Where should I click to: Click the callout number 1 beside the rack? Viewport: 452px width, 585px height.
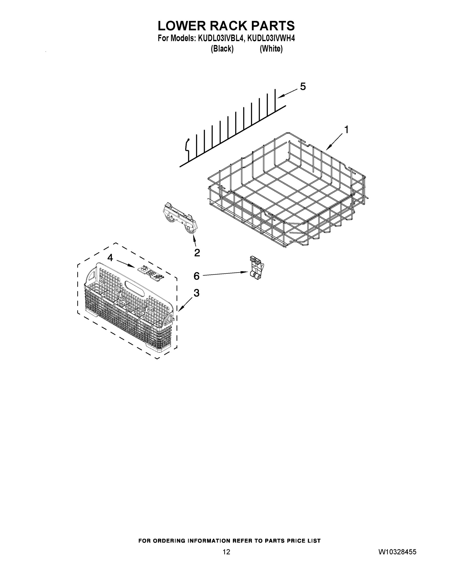point(346,130)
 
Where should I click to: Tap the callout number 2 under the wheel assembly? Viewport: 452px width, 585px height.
point(197,253)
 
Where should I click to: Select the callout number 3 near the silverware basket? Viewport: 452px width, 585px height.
point(197,293)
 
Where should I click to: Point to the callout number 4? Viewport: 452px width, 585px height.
point(110,258)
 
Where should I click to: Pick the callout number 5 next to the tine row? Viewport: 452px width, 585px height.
point(303,87)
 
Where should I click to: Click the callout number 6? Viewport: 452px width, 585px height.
point(197,276)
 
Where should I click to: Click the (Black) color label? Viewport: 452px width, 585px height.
point(222,49)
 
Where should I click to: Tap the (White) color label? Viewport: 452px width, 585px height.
point(271,49)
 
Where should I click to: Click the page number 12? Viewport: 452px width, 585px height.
point(226,552)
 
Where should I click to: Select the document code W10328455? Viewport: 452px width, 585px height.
point(397,552)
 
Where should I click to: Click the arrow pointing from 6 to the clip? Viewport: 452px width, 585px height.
point(225,273)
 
